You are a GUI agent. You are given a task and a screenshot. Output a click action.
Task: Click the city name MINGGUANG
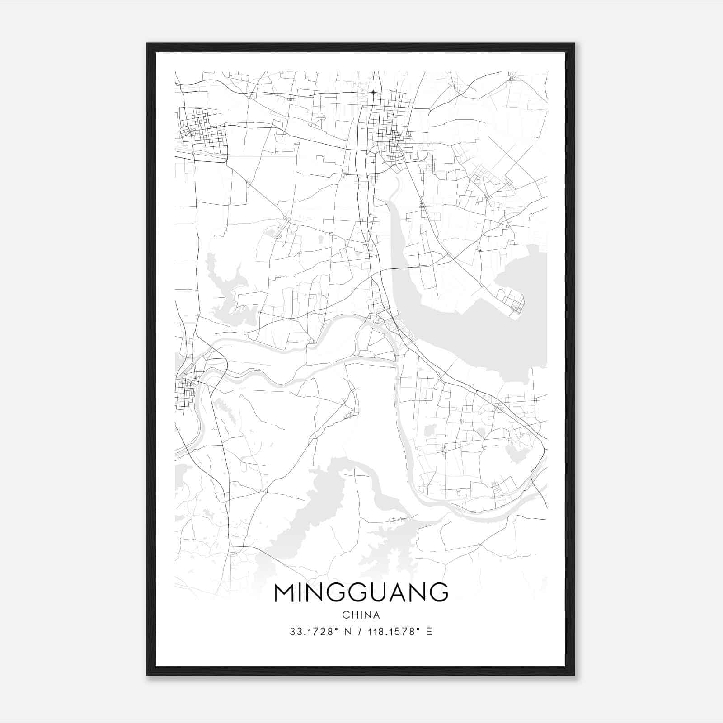coord(361,592)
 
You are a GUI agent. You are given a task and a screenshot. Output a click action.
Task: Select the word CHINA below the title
coord(361,615)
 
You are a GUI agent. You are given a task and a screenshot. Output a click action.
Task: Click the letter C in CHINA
coord(346,615)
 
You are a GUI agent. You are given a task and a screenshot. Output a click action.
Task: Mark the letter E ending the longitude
coord(429,632)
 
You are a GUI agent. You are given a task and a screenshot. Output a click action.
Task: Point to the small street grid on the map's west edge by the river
coord(185,389)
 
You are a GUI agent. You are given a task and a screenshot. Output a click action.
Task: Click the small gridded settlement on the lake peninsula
coord(513,303)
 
